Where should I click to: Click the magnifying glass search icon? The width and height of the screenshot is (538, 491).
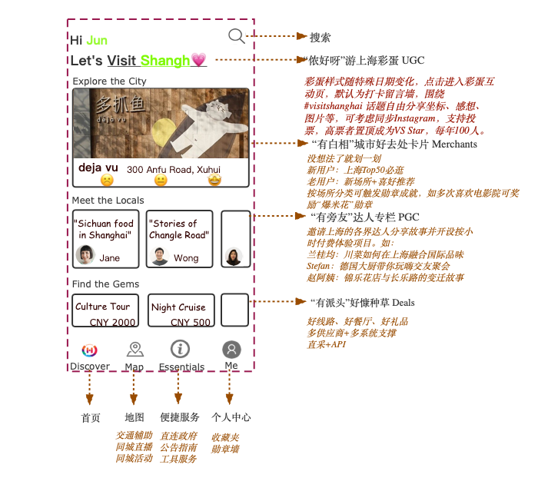click(237, 36)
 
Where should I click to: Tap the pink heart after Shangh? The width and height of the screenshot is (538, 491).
click(198, 61)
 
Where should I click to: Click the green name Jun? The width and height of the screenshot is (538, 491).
click(97, 40)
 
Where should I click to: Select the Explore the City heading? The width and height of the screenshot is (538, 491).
click(109, 81)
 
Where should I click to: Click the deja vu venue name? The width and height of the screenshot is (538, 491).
click(98, 168)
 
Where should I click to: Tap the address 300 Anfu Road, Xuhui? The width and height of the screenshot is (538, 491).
click(173, 170)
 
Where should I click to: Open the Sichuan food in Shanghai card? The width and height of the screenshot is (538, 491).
click(105, 238)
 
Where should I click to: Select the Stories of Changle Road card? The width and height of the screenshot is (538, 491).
click(180, 238)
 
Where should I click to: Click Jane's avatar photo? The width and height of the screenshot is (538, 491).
click(85, 255)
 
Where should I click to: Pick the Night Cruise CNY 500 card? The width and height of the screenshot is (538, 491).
click(180, 310)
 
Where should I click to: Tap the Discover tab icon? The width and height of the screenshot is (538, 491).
click(90, 350)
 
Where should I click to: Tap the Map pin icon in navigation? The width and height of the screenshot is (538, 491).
click(134, 350)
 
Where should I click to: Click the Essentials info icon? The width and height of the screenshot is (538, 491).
click(180, 350)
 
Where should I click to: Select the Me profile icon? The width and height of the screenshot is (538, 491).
click(231, 350)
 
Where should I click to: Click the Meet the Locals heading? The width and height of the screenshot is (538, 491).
click(108, 201)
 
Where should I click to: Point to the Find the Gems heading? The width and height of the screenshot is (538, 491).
click(106, 284)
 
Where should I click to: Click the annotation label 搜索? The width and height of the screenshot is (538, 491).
click(320, 37)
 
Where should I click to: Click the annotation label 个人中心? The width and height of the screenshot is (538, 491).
click(231, 418)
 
